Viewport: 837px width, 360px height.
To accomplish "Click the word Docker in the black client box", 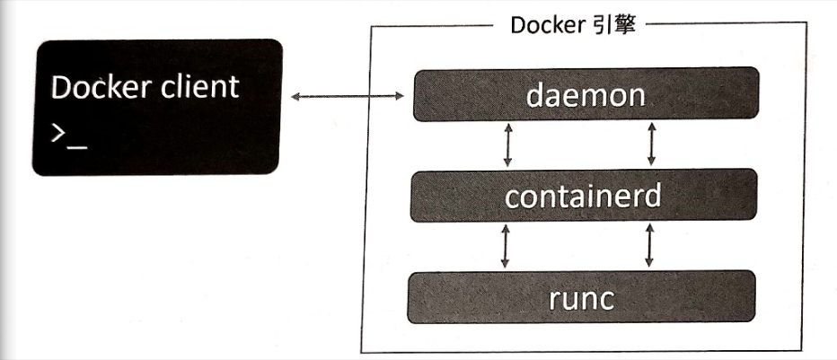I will pos(98,87).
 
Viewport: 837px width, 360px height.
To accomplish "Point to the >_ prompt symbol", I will pos(68,136).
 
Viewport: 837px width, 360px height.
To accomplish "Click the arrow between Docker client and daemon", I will pos(348,94).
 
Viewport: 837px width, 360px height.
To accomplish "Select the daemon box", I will pos(585,94).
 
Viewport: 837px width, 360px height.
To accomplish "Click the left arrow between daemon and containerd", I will pos(507,145).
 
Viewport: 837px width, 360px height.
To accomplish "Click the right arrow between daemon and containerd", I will pos(651,145).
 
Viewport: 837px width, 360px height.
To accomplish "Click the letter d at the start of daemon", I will pos(535,94).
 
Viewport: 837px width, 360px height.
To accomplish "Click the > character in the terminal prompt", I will pos(58,135).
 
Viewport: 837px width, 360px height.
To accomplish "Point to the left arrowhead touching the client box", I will pos(295,94).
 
